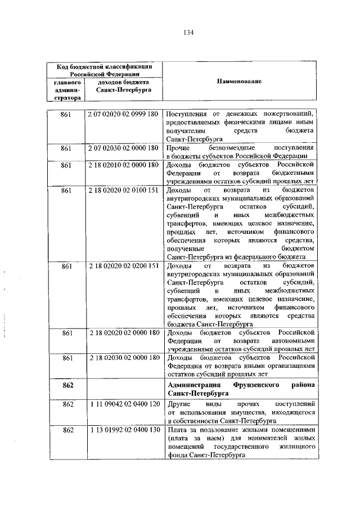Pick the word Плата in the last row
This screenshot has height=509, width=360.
click(177, 430)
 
